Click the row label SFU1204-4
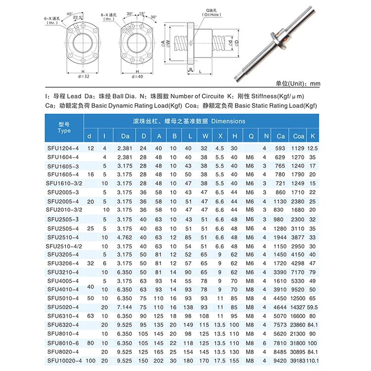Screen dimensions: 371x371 [63, 148]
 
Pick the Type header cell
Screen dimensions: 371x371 [64, 128]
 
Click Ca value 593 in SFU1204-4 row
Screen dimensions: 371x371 [281, 148]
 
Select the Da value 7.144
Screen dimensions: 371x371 [124, 307]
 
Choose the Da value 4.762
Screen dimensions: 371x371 [124, 237]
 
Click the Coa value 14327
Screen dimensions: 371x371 [298, 307]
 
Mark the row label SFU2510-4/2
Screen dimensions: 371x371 [64, 246]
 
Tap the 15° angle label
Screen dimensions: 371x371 [142, 14]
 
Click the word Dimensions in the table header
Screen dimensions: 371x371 [228, 121]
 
